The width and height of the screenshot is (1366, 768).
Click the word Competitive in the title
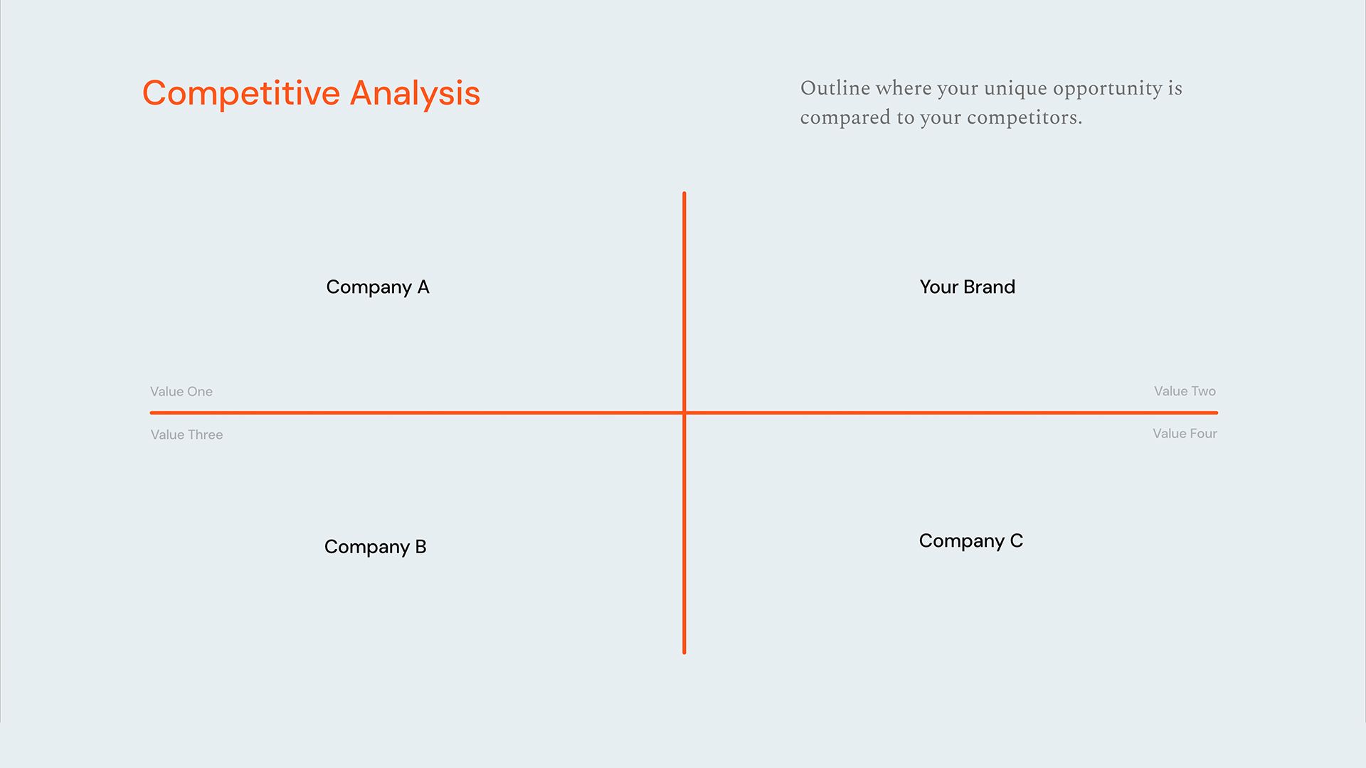pos(241,93)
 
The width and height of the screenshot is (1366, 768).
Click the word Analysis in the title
pos(415,93)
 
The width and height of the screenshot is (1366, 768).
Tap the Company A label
pos(378,287)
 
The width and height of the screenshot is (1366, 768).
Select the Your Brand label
pos(967,287)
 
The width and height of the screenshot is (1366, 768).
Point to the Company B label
pos(375,547)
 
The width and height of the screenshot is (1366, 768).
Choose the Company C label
pos(970,541)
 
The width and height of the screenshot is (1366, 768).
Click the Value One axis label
pos(181,392)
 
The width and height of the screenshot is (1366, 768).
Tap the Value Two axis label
pos(1185,391)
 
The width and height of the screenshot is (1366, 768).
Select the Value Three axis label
pos(186,434)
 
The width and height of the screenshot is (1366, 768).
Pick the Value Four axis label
pos(1185,434)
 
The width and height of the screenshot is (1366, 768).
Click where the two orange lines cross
pos(684,412)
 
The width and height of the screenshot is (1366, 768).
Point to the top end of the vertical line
pos(684,193)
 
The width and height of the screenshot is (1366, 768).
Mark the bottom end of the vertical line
pos(684,651)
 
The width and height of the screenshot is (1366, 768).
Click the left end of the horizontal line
pos(152,412)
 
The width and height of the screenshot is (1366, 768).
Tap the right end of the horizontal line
pos(1216,412)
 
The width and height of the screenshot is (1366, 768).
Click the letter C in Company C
pos(1016,541)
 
